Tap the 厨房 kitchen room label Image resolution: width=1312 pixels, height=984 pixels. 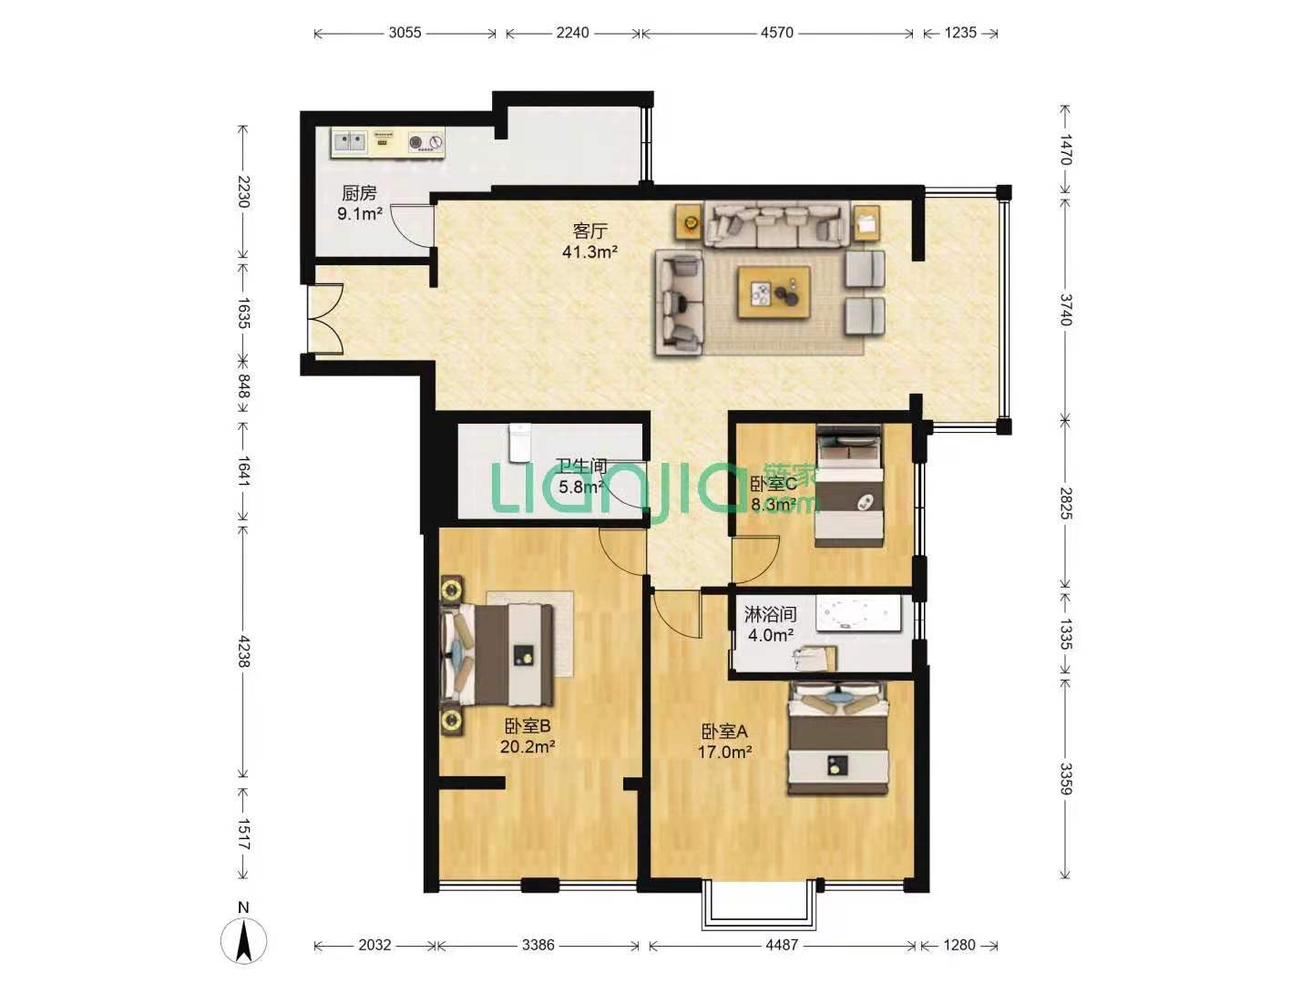point(359,193)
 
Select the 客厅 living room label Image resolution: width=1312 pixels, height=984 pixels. point(589,231)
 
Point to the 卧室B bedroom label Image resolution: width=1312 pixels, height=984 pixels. point(528,726)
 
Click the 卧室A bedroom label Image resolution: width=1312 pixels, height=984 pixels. point(724,731)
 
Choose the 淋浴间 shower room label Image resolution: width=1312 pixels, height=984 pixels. point(771,613)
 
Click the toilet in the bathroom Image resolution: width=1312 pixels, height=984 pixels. point(518,443)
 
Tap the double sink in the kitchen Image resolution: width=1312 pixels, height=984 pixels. point(349,142)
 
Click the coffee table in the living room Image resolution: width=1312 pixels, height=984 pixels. point(774,292)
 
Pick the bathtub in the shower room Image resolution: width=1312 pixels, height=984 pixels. point(856,613)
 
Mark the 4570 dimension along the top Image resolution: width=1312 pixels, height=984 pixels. point(777,33)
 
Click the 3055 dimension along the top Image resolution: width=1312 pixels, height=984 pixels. point(405,33)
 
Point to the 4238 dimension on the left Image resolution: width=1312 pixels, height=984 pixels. point(243,651)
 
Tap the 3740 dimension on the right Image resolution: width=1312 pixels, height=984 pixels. point(1065,310)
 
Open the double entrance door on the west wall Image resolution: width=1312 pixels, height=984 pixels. point(324,320)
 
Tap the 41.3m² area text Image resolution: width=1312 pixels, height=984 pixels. point(589,252)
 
